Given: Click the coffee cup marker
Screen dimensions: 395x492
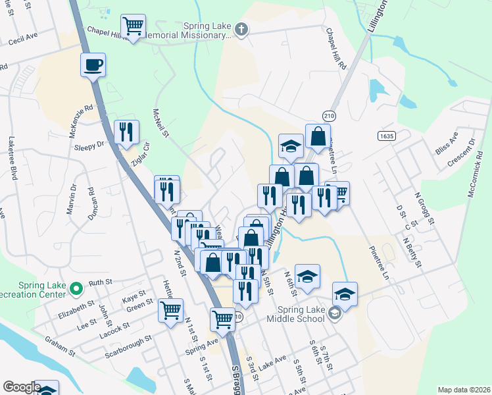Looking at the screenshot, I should (x=93, y=65).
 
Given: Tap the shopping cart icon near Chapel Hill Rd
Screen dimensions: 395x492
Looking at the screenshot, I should (x=133, y=26).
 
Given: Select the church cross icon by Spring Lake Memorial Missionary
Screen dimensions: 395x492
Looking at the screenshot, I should (x=242, y=29).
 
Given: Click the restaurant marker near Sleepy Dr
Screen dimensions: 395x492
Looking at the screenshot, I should (x=126, y=132).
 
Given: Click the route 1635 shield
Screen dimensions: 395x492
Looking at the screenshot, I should (x=386, y=136).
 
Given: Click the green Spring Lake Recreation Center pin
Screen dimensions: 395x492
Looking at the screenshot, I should (x=76, y=288).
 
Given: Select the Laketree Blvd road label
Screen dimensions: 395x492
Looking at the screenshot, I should (x=12, y=158).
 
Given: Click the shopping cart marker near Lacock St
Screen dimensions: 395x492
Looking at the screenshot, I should (x=170, y=309).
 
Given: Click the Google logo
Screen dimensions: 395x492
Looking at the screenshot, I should (x=22, y=387).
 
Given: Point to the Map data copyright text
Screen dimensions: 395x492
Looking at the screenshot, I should (x=463, y=390).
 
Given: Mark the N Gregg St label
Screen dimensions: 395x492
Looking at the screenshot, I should (x=425, y=208).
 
